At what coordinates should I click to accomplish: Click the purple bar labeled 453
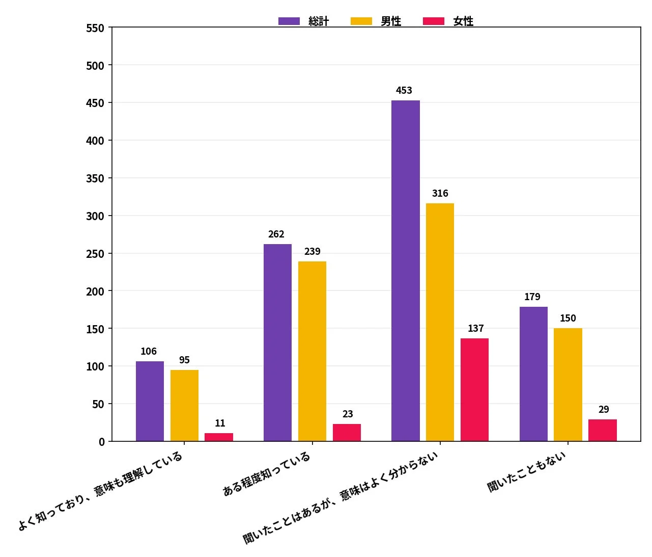[405, 271]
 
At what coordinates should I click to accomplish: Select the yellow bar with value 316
[440, 322]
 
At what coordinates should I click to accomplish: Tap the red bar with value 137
[474, 390]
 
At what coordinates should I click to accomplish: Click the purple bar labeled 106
[150, 401]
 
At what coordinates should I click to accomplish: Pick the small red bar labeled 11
[219, 437]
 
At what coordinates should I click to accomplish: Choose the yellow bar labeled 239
[312, 351]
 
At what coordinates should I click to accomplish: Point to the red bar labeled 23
[347, 433]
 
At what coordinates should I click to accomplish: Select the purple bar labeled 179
[533, 374]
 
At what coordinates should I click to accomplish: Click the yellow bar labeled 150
[568, 385]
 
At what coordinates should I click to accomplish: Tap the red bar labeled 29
[603, 431]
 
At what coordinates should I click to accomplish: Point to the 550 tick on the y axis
[95, 28]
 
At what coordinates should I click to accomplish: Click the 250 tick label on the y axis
[95, 254]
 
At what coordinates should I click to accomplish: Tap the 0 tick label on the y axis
[102, 442]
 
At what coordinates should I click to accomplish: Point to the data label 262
[276, 234]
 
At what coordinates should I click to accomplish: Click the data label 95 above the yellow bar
[184, 360]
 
